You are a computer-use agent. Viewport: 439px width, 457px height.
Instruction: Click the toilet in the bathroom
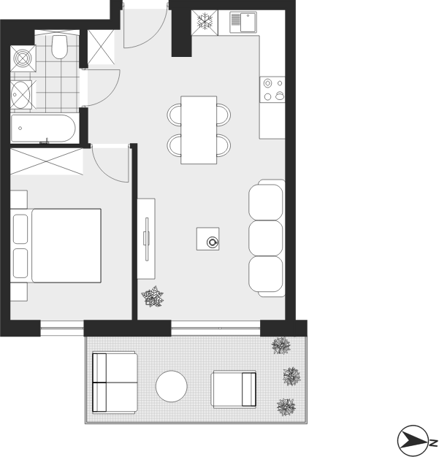pyautogui.click(x=59, y=47)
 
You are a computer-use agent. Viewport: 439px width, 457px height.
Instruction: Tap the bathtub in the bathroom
pyautogui.click(x=43, y=128)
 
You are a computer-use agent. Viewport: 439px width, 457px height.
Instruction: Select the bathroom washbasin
pyautogui.click(x=21, y=94)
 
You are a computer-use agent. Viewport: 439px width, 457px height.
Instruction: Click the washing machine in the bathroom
pyautogui.click(x=23, y=58)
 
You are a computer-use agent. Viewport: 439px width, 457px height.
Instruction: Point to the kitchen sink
pyautogui.click(x=243, y=22)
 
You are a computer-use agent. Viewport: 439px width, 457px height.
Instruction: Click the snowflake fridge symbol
pyautogui.click(x=205, y=23)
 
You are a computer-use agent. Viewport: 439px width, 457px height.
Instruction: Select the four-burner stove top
pyautogui.click(x=272, y=90)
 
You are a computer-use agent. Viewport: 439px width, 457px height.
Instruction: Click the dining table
pyautogui.click(x=199, y=130)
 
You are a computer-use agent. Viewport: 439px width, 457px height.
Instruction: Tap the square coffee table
pyautogui.click(x=207, y=239)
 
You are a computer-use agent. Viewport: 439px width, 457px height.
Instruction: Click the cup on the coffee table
pyautogui.click(x=213, y=242)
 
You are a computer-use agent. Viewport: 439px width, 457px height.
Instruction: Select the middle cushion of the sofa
pyautogui.click(x=265, y=238)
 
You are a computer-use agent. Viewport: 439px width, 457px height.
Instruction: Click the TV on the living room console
pyautogui.click(x=147, y=239)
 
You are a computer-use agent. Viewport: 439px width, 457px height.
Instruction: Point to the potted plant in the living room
pyautogui.click(x=152, y=296)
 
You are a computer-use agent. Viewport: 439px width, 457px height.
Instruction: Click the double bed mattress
pyautogui.click(x=66, y=245)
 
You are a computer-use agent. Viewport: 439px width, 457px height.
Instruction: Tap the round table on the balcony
pyautogui.click(x=171, y=386)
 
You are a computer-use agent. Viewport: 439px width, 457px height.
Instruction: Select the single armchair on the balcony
pyautogui.click(x=234, y=389)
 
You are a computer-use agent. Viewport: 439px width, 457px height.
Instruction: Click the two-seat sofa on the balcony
pyautogui.click(x=115, y=382)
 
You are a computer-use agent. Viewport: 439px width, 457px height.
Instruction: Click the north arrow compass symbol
pyautogui.click(x=412, y=440)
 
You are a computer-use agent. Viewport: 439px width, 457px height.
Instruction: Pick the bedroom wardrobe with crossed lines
pyautogui.click(x=47, y=162)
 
